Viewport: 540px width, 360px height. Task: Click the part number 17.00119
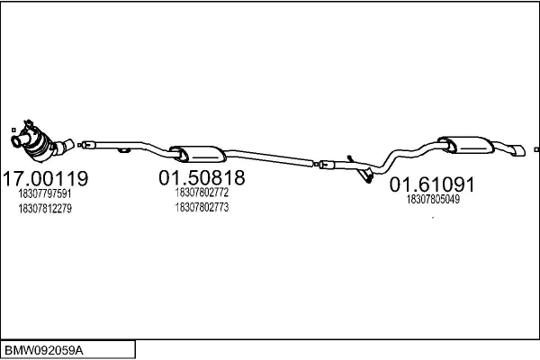coord(46,178)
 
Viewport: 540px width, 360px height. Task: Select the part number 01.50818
coord(202,178)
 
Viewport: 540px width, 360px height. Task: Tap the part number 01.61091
coord(432,184)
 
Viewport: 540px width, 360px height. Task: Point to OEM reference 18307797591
coord(45,193)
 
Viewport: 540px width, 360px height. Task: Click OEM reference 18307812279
coord(45,209)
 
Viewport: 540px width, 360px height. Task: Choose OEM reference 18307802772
coord(202,193)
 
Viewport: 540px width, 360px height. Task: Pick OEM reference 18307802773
coord(202,207)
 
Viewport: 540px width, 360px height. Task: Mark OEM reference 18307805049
coord(433,199)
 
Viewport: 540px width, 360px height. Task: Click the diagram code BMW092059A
coord(44,351)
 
